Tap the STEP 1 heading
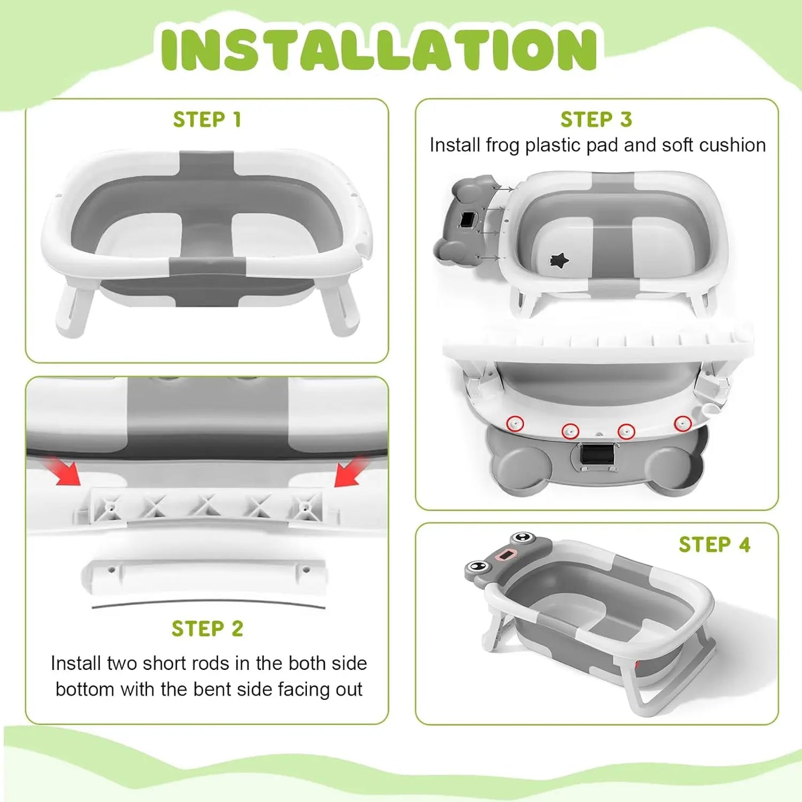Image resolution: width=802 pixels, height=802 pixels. (207, 119)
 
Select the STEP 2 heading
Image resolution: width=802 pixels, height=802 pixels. (207, 629)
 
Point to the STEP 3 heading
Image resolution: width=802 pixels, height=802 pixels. (596, 119)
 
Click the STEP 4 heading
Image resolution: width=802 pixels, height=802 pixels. (714, 544)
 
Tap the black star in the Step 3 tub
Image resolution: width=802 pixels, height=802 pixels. (559, 260)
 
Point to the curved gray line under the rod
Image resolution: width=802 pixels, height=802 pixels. (208, 603)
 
